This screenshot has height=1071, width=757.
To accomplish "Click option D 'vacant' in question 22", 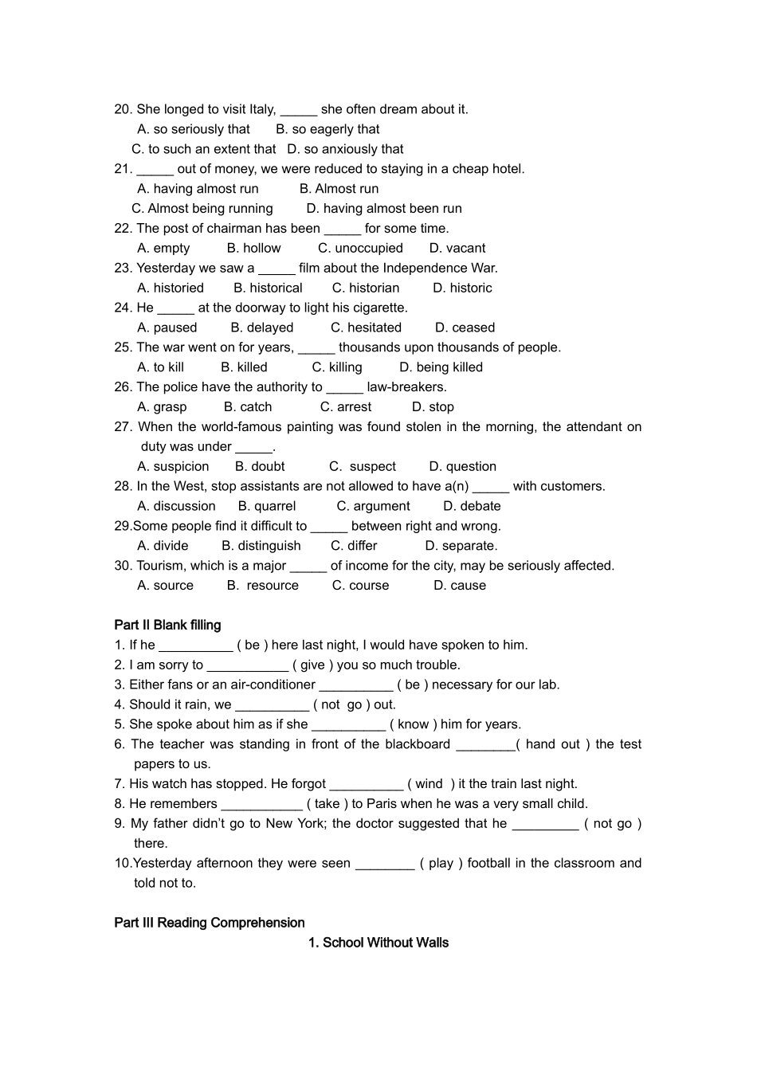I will pyautogui.click(x=457, y=248).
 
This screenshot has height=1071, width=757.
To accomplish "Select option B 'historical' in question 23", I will pyautogui.click(x=268, y=288).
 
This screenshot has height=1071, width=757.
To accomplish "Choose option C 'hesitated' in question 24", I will pyautogui.click(x=366, y=328).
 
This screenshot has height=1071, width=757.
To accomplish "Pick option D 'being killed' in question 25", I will pyautogui.click(x=441, y=367).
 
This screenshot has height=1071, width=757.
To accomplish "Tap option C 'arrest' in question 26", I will pyautogui.click(x=346, y=407).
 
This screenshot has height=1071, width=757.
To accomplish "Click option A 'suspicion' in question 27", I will pyautogui.click(x=173, y=467).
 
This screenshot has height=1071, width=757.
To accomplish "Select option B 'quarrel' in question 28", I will pyautogui.click(x=267, y=506).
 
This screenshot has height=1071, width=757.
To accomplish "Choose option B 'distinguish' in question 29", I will pyautogui.click(x=261, y=546).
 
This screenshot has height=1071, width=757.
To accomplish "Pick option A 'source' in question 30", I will pyautogui.click(x=165, y=586).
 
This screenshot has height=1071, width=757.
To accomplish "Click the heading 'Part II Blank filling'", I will pyautogui.click(x=167, y=626).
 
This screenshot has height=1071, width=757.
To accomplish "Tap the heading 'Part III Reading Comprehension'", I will pyautogui.click(x=209, y=923).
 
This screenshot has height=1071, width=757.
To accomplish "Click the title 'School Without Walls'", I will pyautogui.click(x=378, y=943).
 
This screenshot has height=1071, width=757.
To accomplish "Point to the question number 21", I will pyautogui.click(x=123, y=169).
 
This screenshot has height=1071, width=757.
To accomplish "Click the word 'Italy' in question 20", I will pyautogui.click(x=262, y=109).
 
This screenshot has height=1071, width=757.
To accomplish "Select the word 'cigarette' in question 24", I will pyautogui.click(x=377, y=308).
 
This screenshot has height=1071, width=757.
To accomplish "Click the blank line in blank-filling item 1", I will pyautogui.click(x=195, y=646).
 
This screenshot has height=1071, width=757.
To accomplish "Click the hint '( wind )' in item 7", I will pyautogui.click(x=431, y=784).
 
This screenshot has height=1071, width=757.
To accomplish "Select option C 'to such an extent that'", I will pyautogui.click(x=204, y=149).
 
